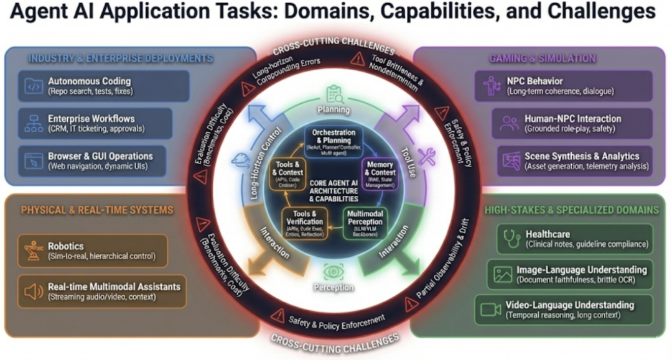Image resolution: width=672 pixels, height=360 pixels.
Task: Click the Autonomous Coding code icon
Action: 30,86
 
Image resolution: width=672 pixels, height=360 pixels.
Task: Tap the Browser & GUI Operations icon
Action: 30,160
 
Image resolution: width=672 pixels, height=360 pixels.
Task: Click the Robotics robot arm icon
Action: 30,250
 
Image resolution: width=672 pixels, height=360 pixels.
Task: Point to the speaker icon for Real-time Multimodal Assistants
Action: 30,290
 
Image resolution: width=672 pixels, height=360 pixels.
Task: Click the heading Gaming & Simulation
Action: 543,58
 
